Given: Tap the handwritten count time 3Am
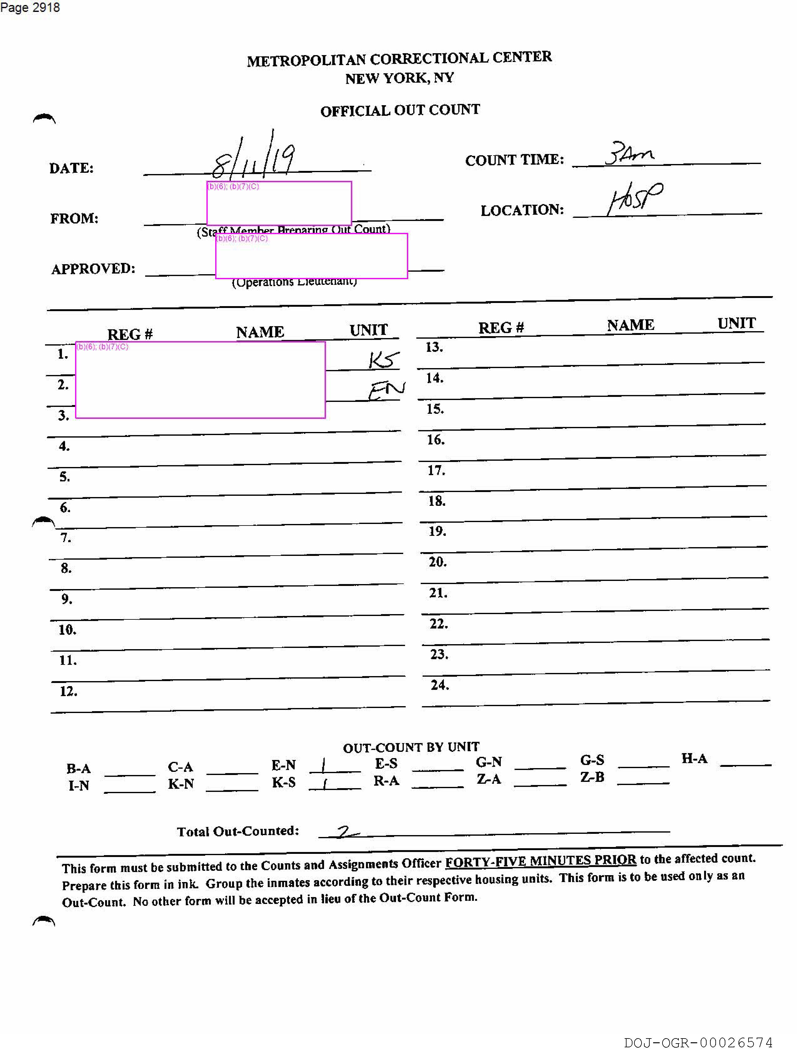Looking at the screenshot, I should tap(629, 153).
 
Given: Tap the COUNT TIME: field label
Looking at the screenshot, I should tap(514, 160).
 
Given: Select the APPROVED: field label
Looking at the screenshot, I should tap(93, 269).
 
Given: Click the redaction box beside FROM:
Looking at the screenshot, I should tap(279, 203).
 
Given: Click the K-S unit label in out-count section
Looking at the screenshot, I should tap(284, 782).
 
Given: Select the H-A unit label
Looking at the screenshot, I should tap(694, 759).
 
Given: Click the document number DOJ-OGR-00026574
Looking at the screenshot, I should tap(698, 1043).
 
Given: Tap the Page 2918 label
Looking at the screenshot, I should tap(30, 8).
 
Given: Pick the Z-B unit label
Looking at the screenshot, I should tap(592, 777).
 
